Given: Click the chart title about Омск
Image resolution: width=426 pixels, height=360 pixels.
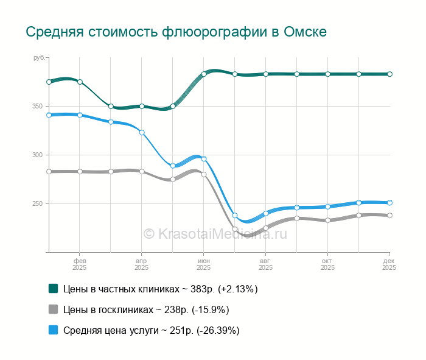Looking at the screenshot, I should pyautogui.click(x=176, y=32).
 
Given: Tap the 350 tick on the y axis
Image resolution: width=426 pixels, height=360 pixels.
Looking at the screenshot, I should pyautogui.click(x=38, y=107).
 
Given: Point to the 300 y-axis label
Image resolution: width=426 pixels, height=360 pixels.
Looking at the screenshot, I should pyautogui.click(x=38, y=155).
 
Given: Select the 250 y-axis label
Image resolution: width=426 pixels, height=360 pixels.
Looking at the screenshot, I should pyautogui.click(x=38, y=204).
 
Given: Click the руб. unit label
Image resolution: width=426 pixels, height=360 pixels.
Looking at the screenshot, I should pyautogui.click(x=39, y=57).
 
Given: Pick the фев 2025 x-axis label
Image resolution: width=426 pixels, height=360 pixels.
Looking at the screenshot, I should pyautogui.click(x=80, y=264).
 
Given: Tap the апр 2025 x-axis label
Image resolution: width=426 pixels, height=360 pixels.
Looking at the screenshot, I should pyautogui.click(x=142, y=264).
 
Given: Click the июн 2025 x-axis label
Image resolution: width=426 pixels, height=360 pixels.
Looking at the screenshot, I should pyautogui.click(x=204, y=264).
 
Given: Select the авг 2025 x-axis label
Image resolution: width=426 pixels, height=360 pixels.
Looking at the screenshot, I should pyautogui.click(x=266, y=264).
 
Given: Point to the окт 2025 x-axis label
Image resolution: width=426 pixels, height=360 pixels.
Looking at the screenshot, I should pyautogui.click(x=328, y=264).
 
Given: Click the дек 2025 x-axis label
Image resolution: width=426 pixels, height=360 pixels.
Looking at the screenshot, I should pyautogui.click(x=389, y=264).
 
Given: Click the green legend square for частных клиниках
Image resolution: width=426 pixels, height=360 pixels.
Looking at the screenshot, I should pyautogui.click(x=54, y=289).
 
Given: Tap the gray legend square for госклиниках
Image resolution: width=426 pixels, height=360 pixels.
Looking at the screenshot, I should pyautogui.click(x=54, y=309).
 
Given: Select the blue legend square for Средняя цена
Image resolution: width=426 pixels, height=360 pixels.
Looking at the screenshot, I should pyautogui.click(x=54, y=330).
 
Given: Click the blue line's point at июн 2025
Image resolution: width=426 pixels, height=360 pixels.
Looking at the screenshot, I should pyautogui.click(x=204, y=159).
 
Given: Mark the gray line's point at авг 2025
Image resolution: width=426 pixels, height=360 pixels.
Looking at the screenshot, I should pyautogui.click(x=266, y=228).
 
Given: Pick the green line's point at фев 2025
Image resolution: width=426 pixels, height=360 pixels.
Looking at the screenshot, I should pyautogui.click(x=80, y=82).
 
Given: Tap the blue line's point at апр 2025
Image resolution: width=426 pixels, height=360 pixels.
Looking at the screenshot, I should pyautogui.click(x=142, y=132).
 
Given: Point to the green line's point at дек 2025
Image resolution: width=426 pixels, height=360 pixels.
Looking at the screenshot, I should pyautogui.click(x=389, y=74).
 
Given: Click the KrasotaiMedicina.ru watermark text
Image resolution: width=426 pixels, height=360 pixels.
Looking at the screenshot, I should pyautogui.click(x=214, y=233).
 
